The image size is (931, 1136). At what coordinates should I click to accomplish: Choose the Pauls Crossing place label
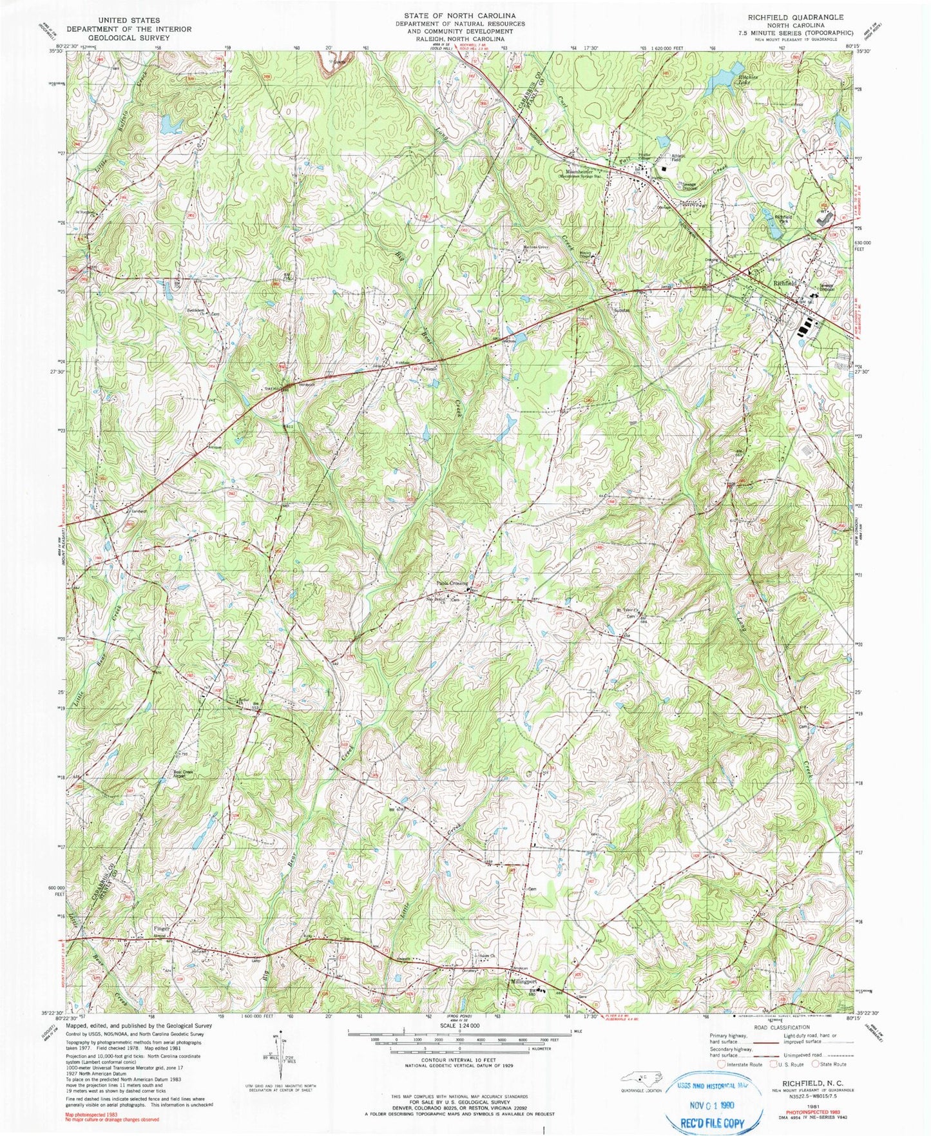[x=452, y=583]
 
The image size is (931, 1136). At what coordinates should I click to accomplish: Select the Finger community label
[x=162, y=929]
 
